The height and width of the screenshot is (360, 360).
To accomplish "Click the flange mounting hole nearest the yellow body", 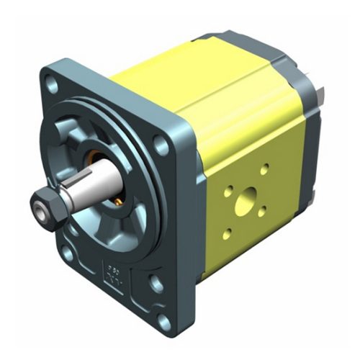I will tap(162, 147).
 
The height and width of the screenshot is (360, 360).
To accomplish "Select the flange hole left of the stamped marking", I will tap(68, 253).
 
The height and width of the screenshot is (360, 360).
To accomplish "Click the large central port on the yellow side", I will tap(246, 195).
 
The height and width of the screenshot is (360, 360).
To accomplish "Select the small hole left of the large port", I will tap(228, 193).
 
